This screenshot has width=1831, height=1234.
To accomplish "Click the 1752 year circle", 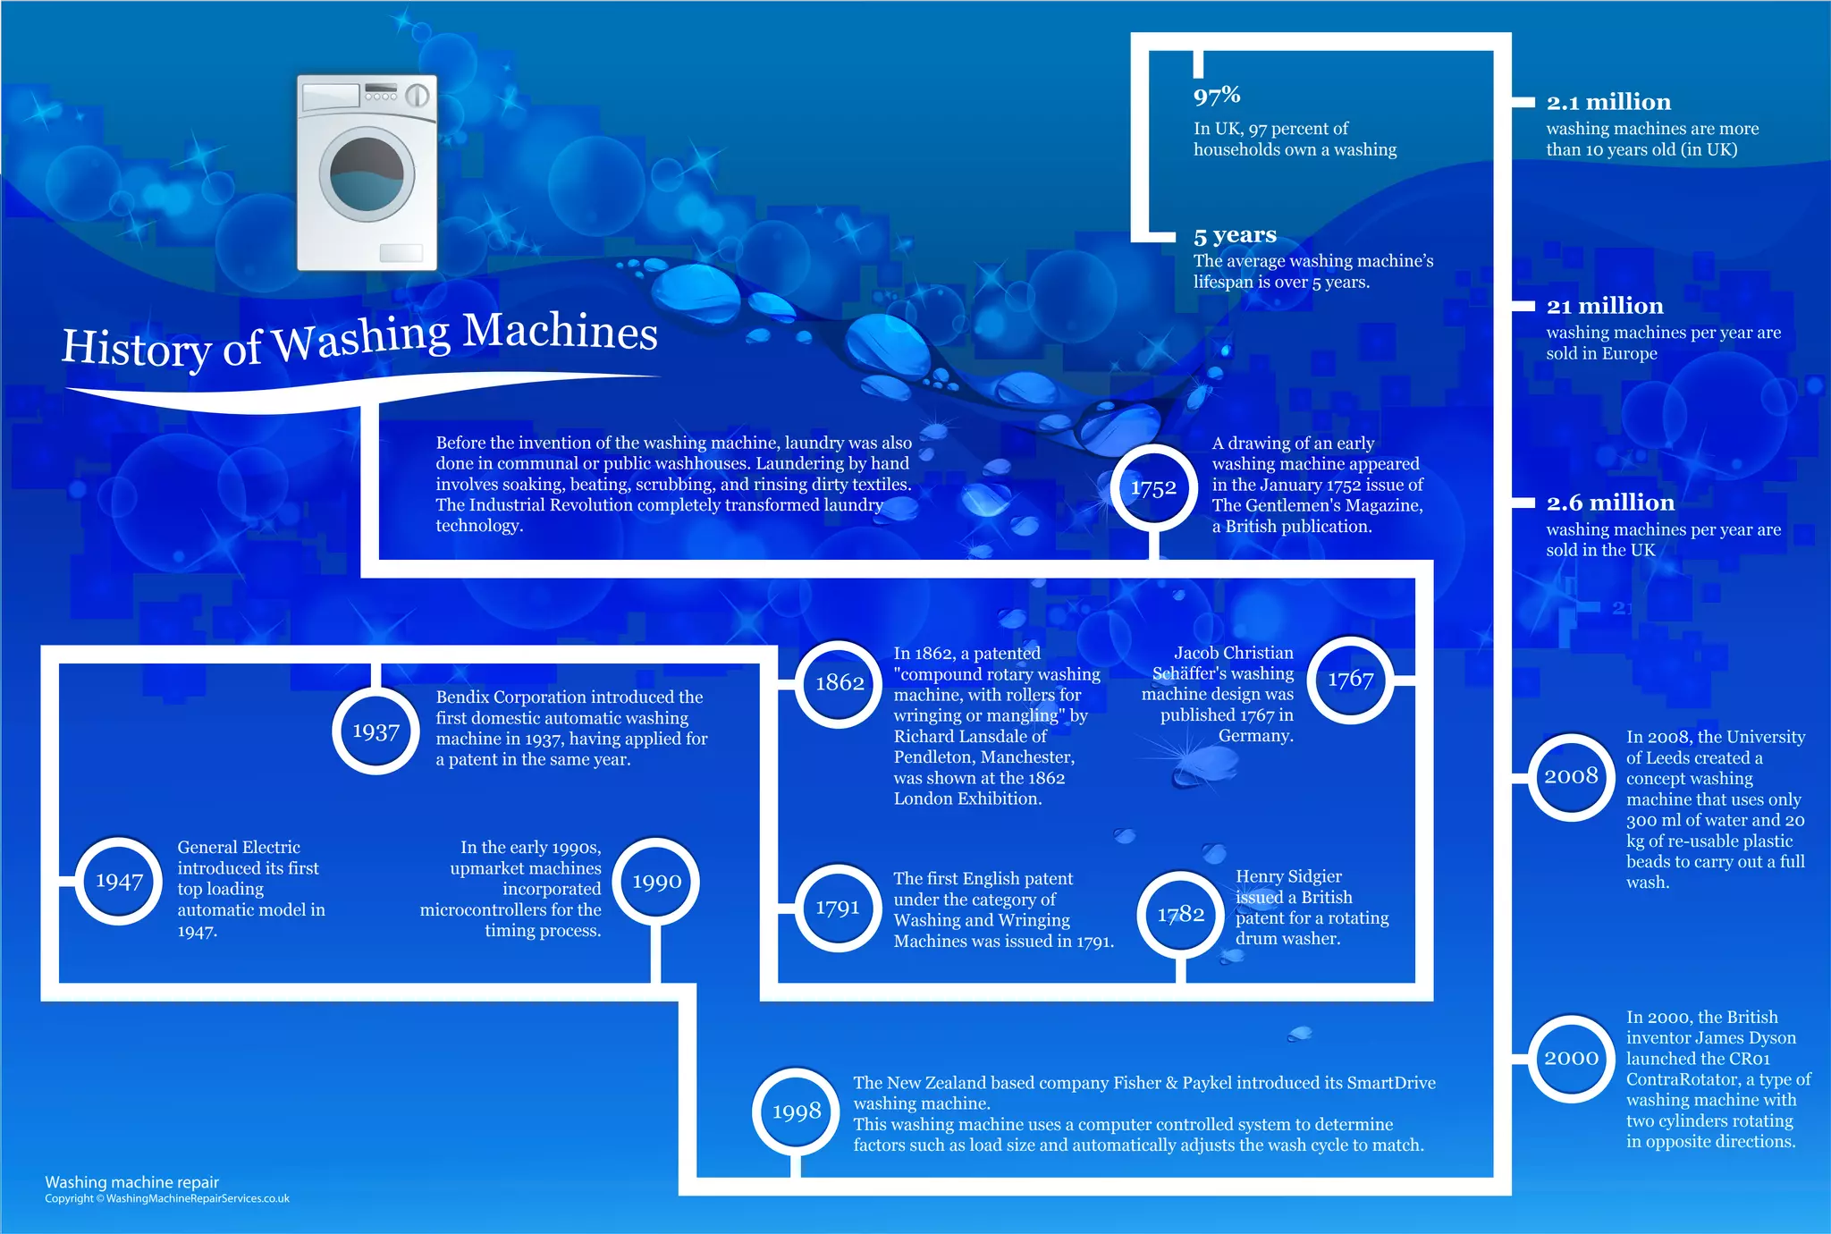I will (x=1153, y=488).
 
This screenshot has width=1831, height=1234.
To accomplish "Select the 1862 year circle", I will (x=840, y=683).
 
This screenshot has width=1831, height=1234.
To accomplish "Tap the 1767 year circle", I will (x=1350, y=680).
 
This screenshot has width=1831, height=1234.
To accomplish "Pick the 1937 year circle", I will (x=375, y=731).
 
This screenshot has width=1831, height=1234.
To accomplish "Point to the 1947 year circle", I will (x=119, y=881).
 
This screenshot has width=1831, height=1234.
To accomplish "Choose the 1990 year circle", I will (x=657, y=882).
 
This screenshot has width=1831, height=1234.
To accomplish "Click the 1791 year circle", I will (x=838, y=908).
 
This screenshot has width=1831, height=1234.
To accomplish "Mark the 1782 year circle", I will (x=1180, y=914).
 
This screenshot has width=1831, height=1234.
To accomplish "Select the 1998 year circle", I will (x=796, y=1111).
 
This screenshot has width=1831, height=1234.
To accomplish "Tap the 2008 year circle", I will (x=1571, y=776).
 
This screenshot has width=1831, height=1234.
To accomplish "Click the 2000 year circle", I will (x=1571, y=1058).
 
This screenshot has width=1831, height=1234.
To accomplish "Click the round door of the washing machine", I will (x=367, y=174).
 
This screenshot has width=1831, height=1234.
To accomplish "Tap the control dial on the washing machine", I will (x=418, y=96).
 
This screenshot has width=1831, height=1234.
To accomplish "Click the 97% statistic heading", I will (x=1217, y=95).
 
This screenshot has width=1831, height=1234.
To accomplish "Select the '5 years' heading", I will (x=1235, y=235).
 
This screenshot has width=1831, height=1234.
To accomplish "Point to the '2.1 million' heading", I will (x=1608, y=102).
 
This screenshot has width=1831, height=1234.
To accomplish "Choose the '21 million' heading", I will (x=1605, y=306).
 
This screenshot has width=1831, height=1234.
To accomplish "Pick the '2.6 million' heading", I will (x=1610, y=503).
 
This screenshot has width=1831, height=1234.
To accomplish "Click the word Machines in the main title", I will (x=561, y=331).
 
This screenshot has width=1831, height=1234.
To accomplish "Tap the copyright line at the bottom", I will (x=167, y=1199).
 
